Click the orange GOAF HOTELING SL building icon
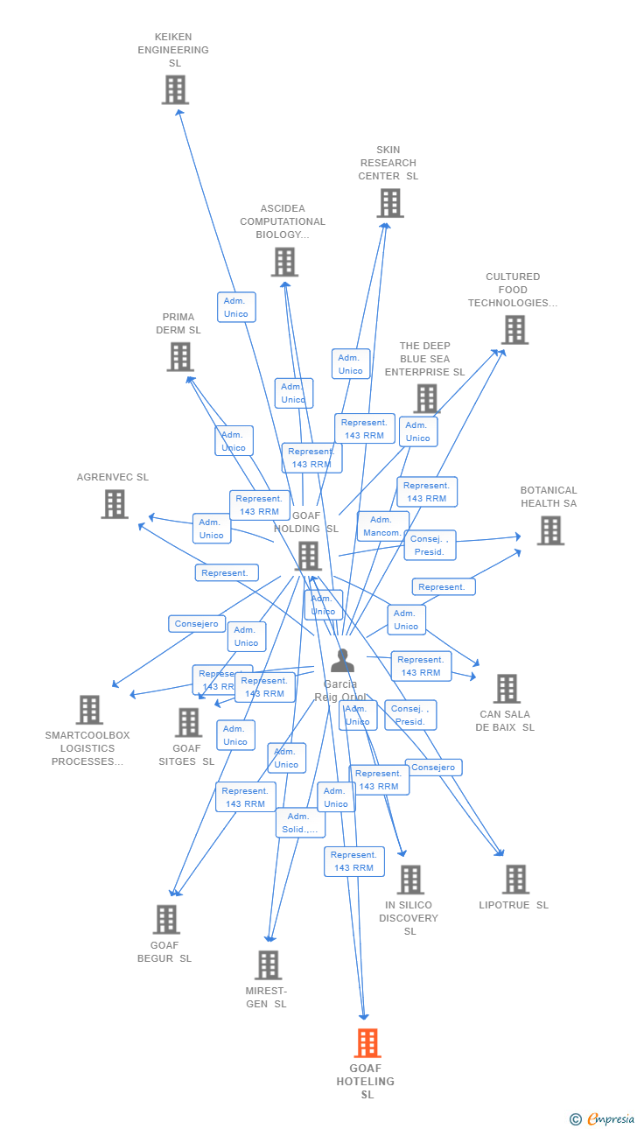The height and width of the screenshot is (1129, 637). (x=367, y=1042)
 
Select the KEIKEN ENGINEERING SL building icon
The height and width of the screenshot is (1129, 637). (x=175, y=89)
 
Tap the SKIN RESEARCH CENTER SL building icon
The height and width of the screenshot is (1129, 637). (x=390, y=203)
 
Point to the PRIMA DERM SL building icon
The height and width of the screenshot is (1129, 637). (x=179, y=357)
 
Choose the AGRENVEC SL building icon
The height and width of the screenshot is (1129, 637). (x=115, y=504)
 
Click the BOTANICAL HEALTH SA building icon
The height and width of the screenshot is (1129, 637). (x=550, y=530)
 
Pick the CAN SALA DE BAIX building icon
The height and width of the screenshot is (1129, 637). (x=507, y=689)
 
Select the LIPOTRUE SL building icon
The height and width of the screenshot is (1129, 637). (x=516, y=880)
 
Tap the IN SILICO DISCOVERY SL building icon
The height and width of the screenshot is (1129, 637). (x=410, y=880)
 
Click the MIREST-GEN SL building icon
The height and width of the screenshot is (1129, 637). (x=269, y=964)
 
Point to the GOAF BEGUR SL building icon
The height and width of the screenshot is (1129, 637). (x=166, y=920)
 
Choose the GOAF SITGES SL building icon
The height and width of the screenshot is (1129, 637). (x=188, y=722)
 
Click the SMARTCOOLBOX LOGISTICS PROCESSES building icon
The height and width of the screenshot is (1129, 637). (x=89, y=710)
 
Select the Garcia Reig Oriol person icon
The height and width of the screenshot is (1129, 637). (x=342, y=661)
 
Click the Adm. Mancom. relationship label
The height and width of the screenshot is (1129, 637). (x=383, y=526)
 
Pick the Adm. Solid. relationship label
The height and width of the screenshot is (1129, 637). (x=300, y=823)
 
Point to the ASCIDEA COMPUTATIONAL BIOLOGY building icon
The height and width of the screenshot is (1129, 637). (x=284, y=262)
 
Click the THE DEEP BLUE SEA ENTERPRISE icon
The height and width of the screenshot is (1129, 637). (x=426, y=398)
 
